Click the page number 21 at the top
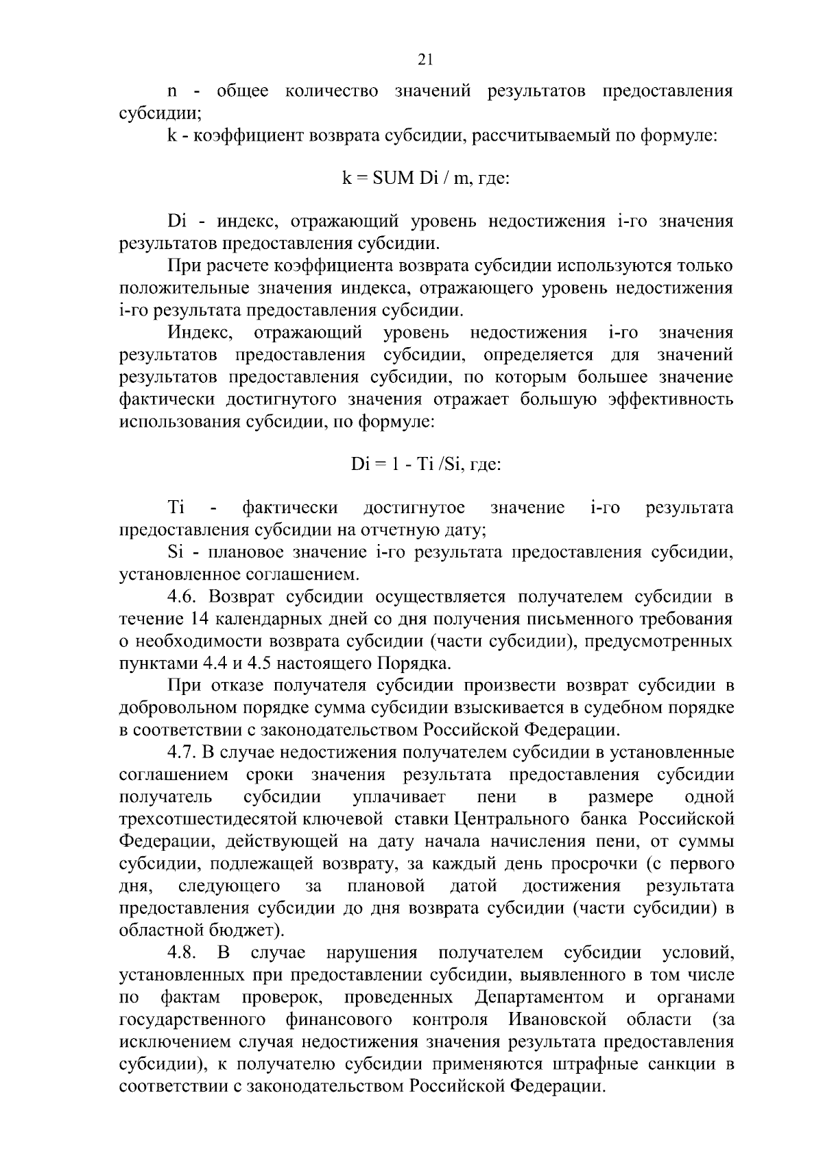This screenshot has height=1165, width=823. pyautogui.click(x=425, y=60)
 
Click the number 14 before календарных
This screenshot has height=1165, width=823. pyautogui.click(x=195, y=620)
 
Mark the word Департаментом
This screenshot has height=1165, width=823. pyautogui.click(x=539, y=997)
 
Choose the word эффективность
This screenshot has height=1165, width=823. pyautogui.click(x=671, y=400)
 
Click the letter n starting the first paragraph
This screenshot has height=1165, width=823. pyautogui.click(x=173, y=92)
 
